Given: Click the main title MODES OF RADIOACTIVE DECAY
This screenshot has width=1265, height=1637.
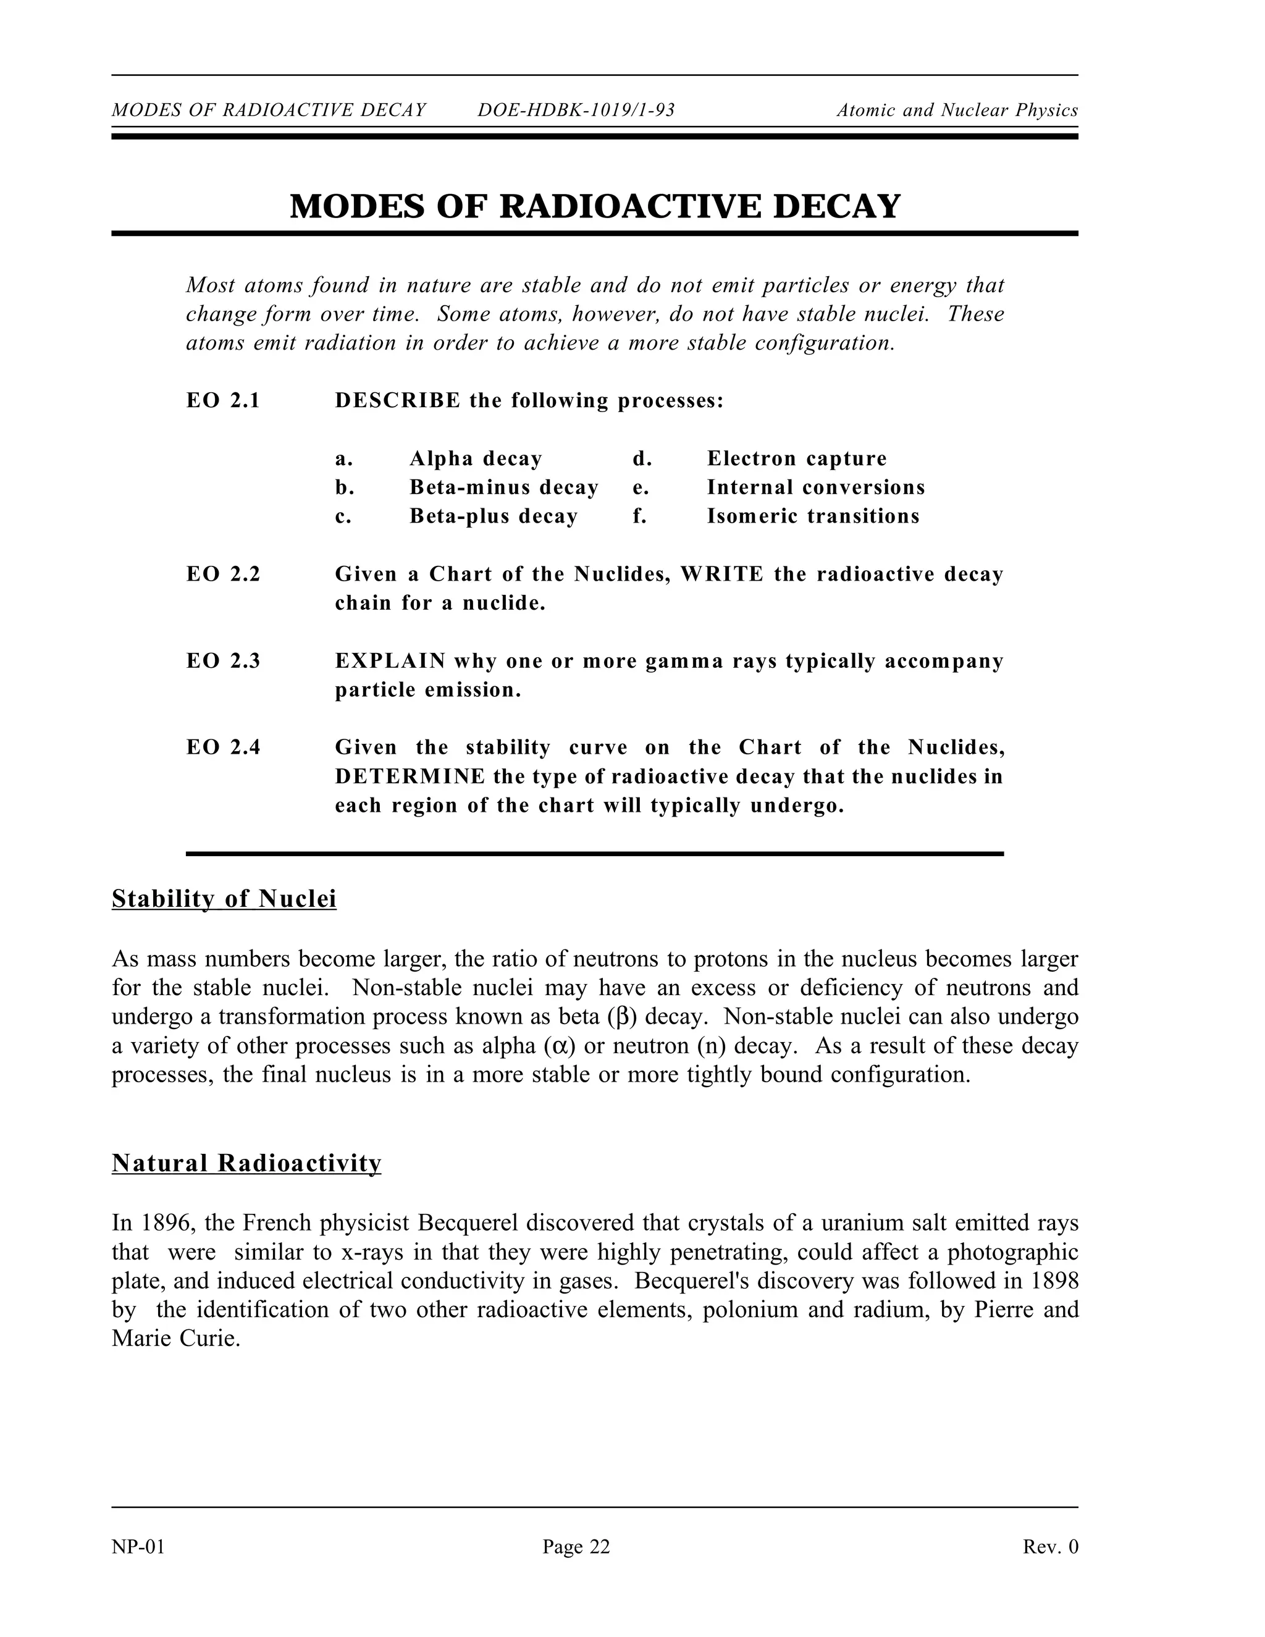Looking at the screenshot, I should point(594,206).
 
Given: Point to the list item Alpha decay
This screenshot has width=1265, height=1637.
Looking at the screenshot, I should point(475,459).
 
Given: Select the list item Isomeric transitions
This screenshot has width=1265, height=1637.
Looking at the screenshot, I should point(812,516).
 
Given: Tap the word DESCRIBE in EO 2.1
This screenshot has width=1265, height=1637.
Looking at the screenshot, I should point(397,401).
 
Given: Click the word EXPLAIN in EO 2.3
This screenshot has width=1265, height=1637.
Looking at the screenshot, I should point(390,661).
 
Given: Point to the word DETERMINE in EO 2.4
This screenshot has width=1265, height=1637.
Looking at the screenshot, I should point(410,776).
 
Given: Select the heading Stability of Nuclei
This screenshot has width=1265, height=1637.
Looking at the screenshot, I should point(224,898).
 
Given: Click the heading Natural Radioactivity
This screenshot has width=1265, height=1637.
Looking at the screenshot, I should point(246,1163).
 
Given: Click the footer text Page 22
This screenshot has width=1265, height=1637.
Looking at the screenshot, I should point(576,1547).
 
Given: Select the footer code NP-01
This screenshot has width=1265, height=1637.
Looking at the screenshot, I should point(138,1547).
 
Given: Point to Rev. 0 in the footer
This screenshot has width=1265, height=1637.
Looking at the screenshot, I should point(1050,1547).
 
